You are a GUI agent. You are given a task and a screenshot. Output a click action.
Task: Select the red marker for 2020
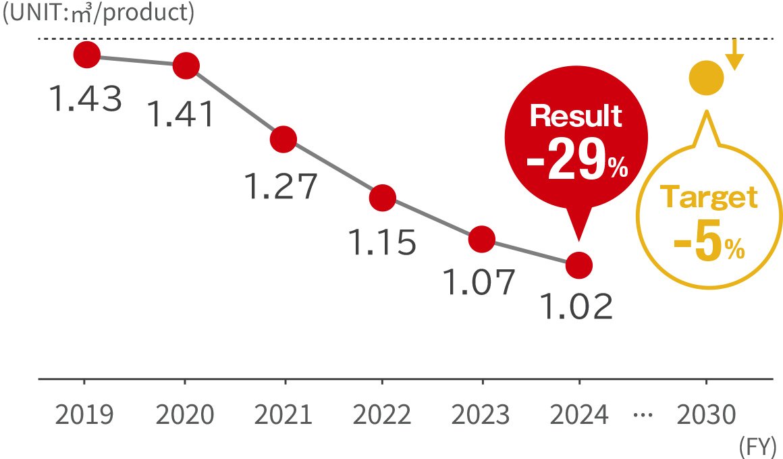(186, 66)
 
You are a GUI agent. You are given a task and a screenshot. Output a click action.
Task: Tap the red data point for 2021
(283, 140)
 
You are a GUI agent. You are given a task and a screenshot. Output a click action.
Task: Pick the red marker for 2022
(383, 198)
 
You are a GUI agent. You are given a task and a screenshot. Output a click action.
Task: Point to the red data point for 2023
(481, 238)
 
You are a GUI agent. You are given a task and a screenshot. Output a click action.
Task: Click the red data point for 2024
(579, 265)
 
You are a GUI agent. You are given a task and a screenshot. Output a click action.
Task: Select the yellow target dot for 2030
(706, 78)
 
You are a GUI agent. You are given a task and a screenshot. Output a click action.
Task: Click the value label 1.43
(86, 99)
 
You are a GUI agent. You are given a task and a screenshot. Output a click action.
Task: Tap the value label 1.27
(279, 187)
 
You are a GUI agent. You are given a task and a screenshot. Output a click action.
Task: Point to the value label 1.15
(381, 243)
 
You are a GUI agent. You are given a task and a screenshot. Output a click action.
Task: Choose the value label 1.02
(576, 307)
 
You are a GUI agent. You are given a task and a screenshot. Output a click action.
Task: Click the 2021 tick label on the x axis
(284, 415)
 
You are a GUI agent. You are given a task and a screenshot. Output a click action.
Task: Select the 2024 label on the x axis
(579, 415)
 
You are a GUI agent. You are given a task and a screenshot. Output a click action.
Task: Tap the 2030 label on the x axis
(706, 415)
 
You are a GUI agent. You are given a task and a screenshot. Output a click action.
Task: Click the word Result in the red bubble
(576, 117)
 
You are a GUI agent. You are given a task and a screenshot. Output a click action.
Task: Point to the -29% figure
(578, 162)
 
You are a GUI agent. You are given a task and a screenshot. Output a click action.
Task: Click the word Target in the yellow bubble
(709, 198)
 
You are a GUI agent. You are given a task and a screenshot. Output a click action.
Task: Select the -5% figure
(709, 247)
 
